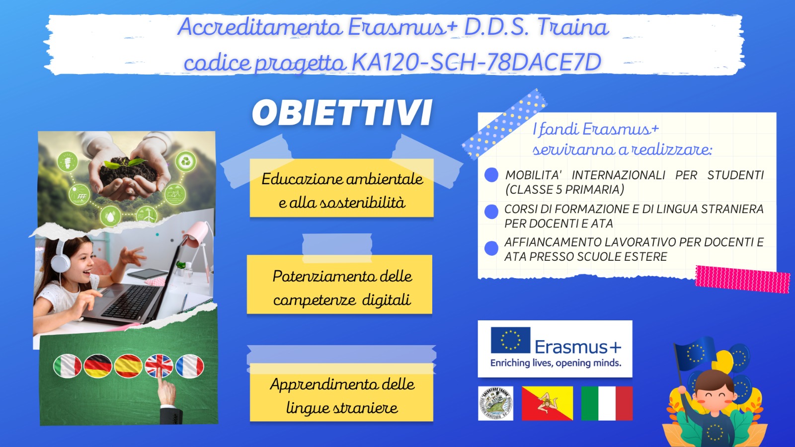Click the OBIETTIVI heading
pyautogui.click(x=342, y=113)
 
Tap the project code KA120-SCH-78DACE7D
pyautogui.click(x=477, y=62)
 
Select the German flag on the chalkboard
pyautogui.click(x=98, y=366)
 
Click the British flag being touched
pyautogui.click(x=159, y=366)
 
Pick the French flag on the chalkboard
pyautogui.click(x=190, y=366)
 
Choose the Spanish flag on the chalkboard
pyautogui.click(x=129, y=366)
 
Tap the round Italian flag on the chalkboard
pyautogui.click(x=68, y=366)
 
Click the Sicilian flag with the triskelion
pyautogui.click(x=547, y=403)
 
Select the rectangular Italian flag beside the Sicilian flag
pyautogui.click(x=607, y=403)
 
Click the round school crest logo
pyautogui.click(x=496, y=403)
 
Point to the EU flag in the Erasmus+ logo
pyautogui.click(x=510, y=340)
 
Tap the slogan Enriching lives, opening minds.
pyautogui.click(x=556, y=363)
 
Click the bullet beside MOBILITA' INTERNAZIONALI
pyautogui.click(x=491, y=175)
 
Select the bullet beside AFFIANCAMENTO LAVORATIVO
pyautogui.click(x=491, y=248)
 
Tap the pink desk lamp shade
pyautogui.click(x=197, y=233)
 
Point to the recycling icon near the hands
pyautogui.click(x=186, y=161)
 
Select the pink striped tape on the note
pyautogui.click(x=742, y=279)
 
